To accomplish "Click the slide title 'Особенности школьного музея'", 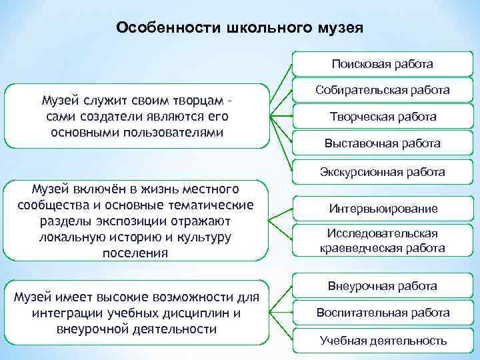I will click(x=239, y=29).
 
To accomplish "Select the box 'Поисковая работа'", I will click(x=383, y=65).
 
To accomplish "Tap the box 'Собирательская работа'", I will click(x=383, y=90).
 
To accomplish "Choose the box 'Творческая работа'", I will click(x=383, y=117).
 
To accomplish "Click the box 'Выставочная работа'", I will click(x=383, y=143).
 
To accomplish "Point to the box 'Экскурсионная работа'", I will click(x=383, y=172).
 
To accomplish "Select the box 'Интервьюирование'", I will click(x=383, y=209).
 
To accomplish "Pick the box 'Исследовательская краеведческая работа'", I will click(x=383, y=241).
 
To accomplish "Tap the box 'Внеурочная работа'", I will click(x=383, y=286).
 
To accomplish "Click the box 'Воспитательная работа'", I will click(x=383, y=313).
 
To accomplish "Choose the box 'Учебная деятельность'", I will click(x=383, y=341).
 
